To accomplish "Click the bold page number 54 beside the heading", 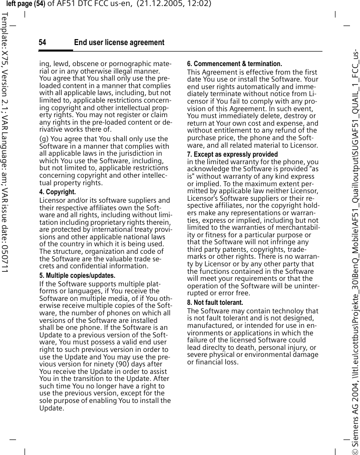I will (43, 43).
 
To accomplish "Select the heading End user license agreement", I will (119, 43).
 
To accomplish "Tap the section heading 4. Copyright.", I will (58, 192).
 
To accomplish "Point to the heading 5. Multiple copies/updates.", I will (77, 276).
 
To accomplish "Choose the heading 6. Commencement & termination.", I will (234, 64).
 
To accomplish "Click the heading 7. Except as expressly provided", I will (232, 155).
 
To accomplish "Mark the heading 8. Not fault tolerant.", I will (215, 303).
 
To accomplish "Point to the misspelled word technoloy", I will (289, 311).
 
